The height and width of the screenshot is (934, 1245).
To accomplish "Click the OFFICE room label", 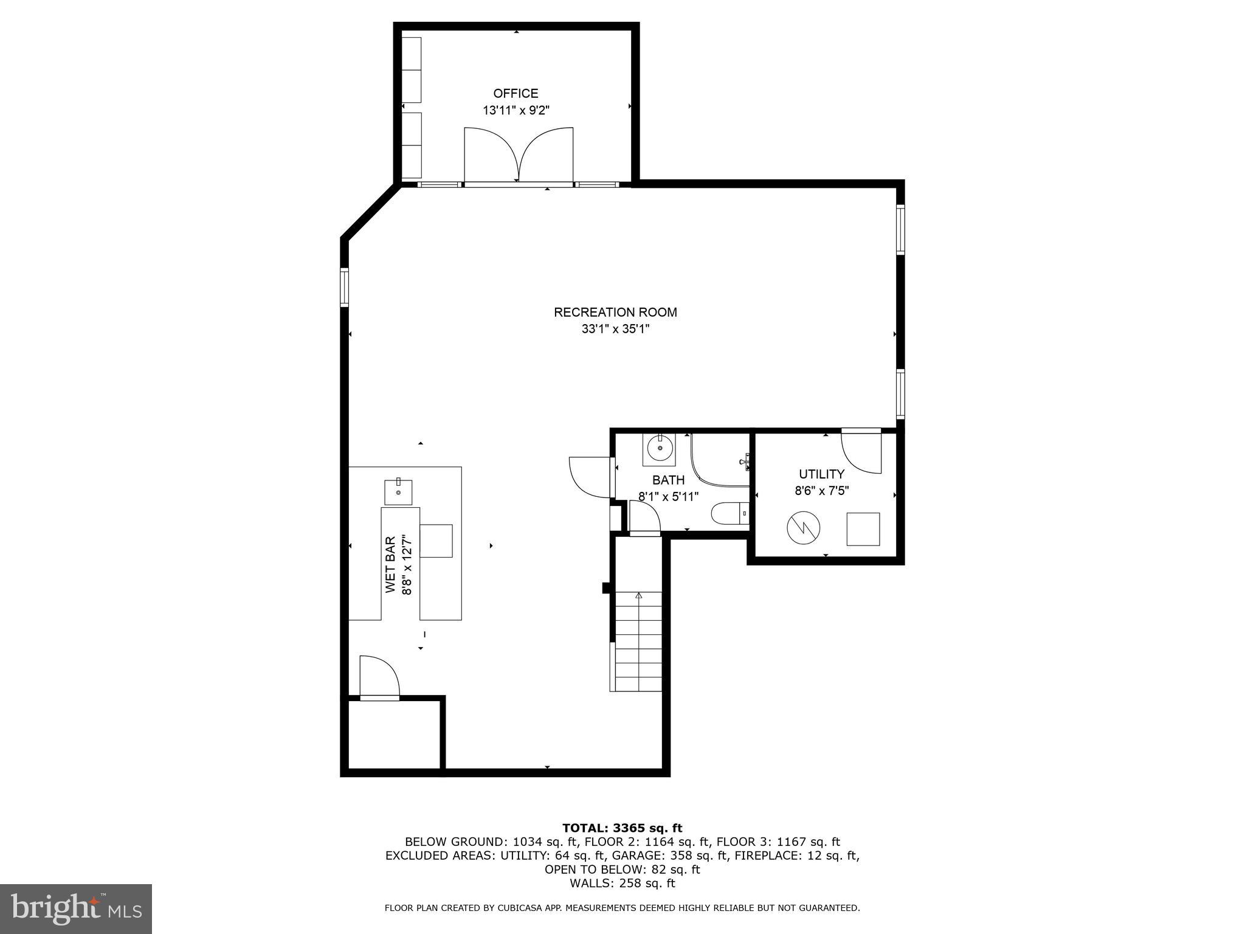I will (x=516, y=93).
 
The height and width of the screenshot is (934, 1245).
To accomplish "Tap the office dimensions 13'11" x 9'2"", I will (x=516, y=111).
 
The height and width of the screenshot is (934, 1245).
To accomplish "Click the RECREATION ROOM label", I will (x=615, y=312).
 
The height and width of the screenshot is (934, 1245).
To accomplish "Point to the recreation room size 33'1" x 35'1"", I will (x=615, y=329).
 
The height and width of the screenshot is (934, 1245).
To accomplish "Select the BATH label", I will (x=668, y=480).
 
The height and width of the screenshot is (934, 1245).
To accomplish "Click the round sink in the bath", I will (x=659, y=449).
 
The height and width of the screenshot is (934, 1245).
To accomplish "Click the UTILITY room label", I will (x=821, y=474).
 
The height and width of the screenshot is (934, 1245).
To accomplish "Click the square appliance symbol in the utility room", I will (x=863, y=528).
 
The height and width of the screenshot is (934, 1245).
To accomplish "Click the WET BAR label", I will (x=390, y=564).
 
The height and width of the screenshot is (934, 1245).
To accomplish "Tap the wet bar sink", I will (x=398, y=492).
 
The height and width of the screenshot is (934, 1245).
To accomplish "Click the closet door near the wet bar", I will (x=379, y=678).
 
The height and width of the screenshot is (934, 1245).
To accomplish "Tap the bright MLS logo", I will (x=76, y=908).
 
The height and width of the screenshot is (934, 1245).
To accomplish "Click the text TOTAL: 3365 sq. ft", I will (x=622, y=828).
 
